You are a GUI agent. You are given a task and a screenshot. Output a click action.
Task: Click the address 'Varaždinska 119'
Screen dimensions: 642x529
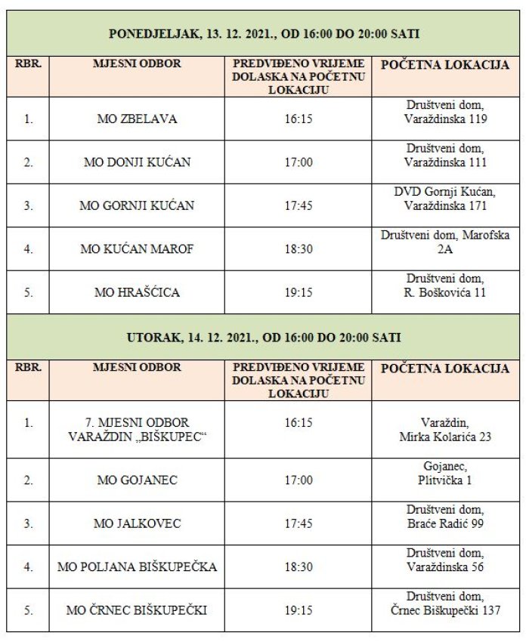tap(445, 119)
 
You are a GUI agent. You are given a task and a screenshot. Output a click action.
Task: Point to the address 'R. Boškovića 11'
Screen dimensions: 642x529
tap(445, 292)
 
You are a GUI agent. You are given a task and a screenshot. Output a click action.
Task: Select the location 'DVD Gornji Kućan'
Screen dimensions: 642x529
tap(445, 192)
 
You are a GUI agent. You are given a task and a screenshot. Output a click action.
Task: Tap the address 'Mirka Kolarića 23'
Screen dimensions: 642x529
tap(445, 437)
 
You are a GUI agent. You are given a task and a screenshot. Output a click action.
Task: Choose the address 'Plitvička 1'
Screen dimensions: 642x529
tap(445, 480)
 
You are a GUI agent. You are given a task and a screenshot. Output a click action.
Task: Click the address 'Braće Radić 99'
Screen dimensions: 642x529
tap(445, 523)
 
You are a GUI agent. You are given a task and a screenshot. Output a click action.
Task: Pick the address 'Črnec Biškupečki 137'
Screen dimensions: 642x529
tap(445, 610)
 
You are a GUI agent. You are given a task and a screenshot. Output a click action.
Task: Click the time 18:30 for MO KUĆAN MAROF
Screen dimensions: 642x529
tap(298, 248)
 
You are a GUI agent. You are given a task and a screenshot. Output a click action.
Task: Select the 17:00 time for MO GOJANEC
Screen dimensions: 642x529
tap(298, 480)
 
